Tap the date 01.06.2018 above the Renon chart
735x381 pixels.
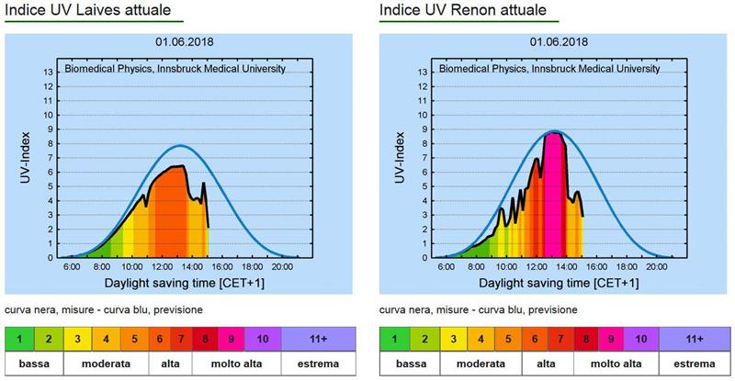coord(559,42)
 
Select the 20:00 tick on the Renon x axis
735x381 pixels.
coord(656,266)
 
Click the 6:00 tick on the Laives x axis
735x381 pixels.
coord(72,266)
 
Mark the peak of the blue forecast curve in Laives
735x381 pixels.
coord(181,146)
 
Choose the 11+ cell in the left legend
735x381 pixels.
coord(318,340)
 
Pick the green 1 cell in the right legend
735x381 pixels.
coord(395,340)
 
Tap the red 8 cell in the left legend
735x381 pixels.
coord(205,340)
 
